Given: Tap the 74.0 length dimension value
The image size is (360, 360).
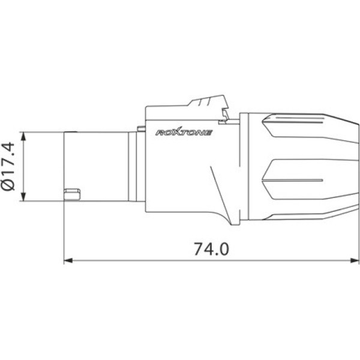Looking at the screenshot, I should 211,248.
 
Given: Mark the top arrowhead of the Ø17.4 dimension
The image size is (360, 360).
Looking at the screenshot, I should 23,134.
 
